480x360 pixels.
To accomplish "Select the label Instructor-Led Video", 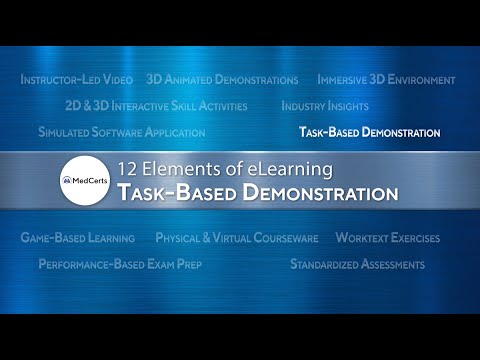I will (x=78, y=79).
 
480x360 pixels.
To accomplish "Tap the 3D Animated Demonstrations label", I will (x=222, y=79).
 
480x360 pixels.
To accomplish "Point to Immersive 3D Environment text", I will (x=386, y=79).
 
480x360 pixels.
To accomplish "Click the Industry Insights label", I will (x=325, y=105).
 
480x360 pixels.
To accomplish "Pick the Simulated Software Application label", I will (x=121, y=131).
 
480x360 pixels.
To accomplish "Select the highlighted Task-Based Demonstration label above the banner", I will (x=370, y=131).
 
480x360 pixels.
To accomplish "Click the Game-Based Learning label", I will (x=78, y=238).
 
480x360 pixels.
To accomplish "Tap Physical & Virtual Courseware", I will (x=237, y=238).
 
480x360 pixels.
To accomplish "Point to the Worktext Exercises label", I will (x=387, y=238).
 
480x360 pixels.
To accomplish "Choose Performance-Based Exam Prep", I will (x=131, y=264).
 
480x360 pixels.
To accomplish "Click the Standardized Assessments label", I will (x=357, y=264).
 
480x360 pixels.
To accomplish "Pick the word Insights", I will (x=346, y=105).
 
